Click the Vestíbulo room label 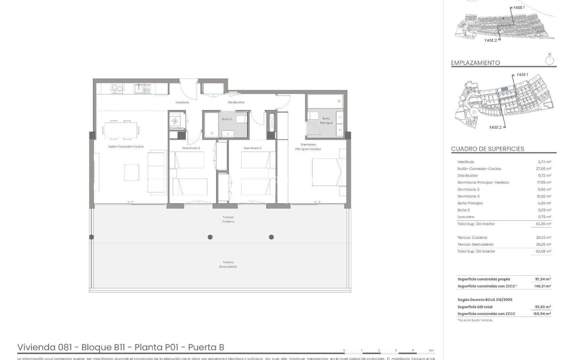pyautogui.click(x=182, y=102)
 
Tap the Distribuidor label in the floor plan pyautogui.click(x=236, y=102)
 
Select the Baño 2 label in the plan pyautogui.click(x=227, y=119)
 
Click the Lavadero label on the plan pyautogui.click(x=176, y=128)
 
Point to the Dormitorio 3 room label pyautogui.click(x=191, y=148)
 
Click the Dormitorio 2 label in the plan pyautogui.click(x=252, y=148)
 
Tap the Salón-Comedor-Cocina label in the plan pyautogui.click(x=126, y=147)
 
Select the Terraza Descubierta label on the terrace pyautogui.click(x=228, y=264)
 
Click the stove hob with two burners pyautogui.click(x=117, y=89)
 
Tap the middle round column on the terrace pyautogui.click(x=210, y=237)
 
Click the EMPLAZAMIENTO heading pyautogui.click(x=475, y=63)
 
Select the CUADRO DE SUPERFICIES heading pyautogui.click(x=487, y=149)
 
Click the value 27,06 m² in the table pyautogui.click(x=543, y=169)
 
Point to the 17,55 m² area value pyautogui.click(x=544, y=183)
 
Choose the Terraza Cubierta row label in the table pyautogui.click(x=472, y=238)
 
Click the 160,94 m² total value pyautogui.click(x=542, y=314)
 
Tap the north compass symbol pyautogui.click(x=549, y=60)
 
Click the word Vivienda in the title pyautogui.click(x=37, y=347)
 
